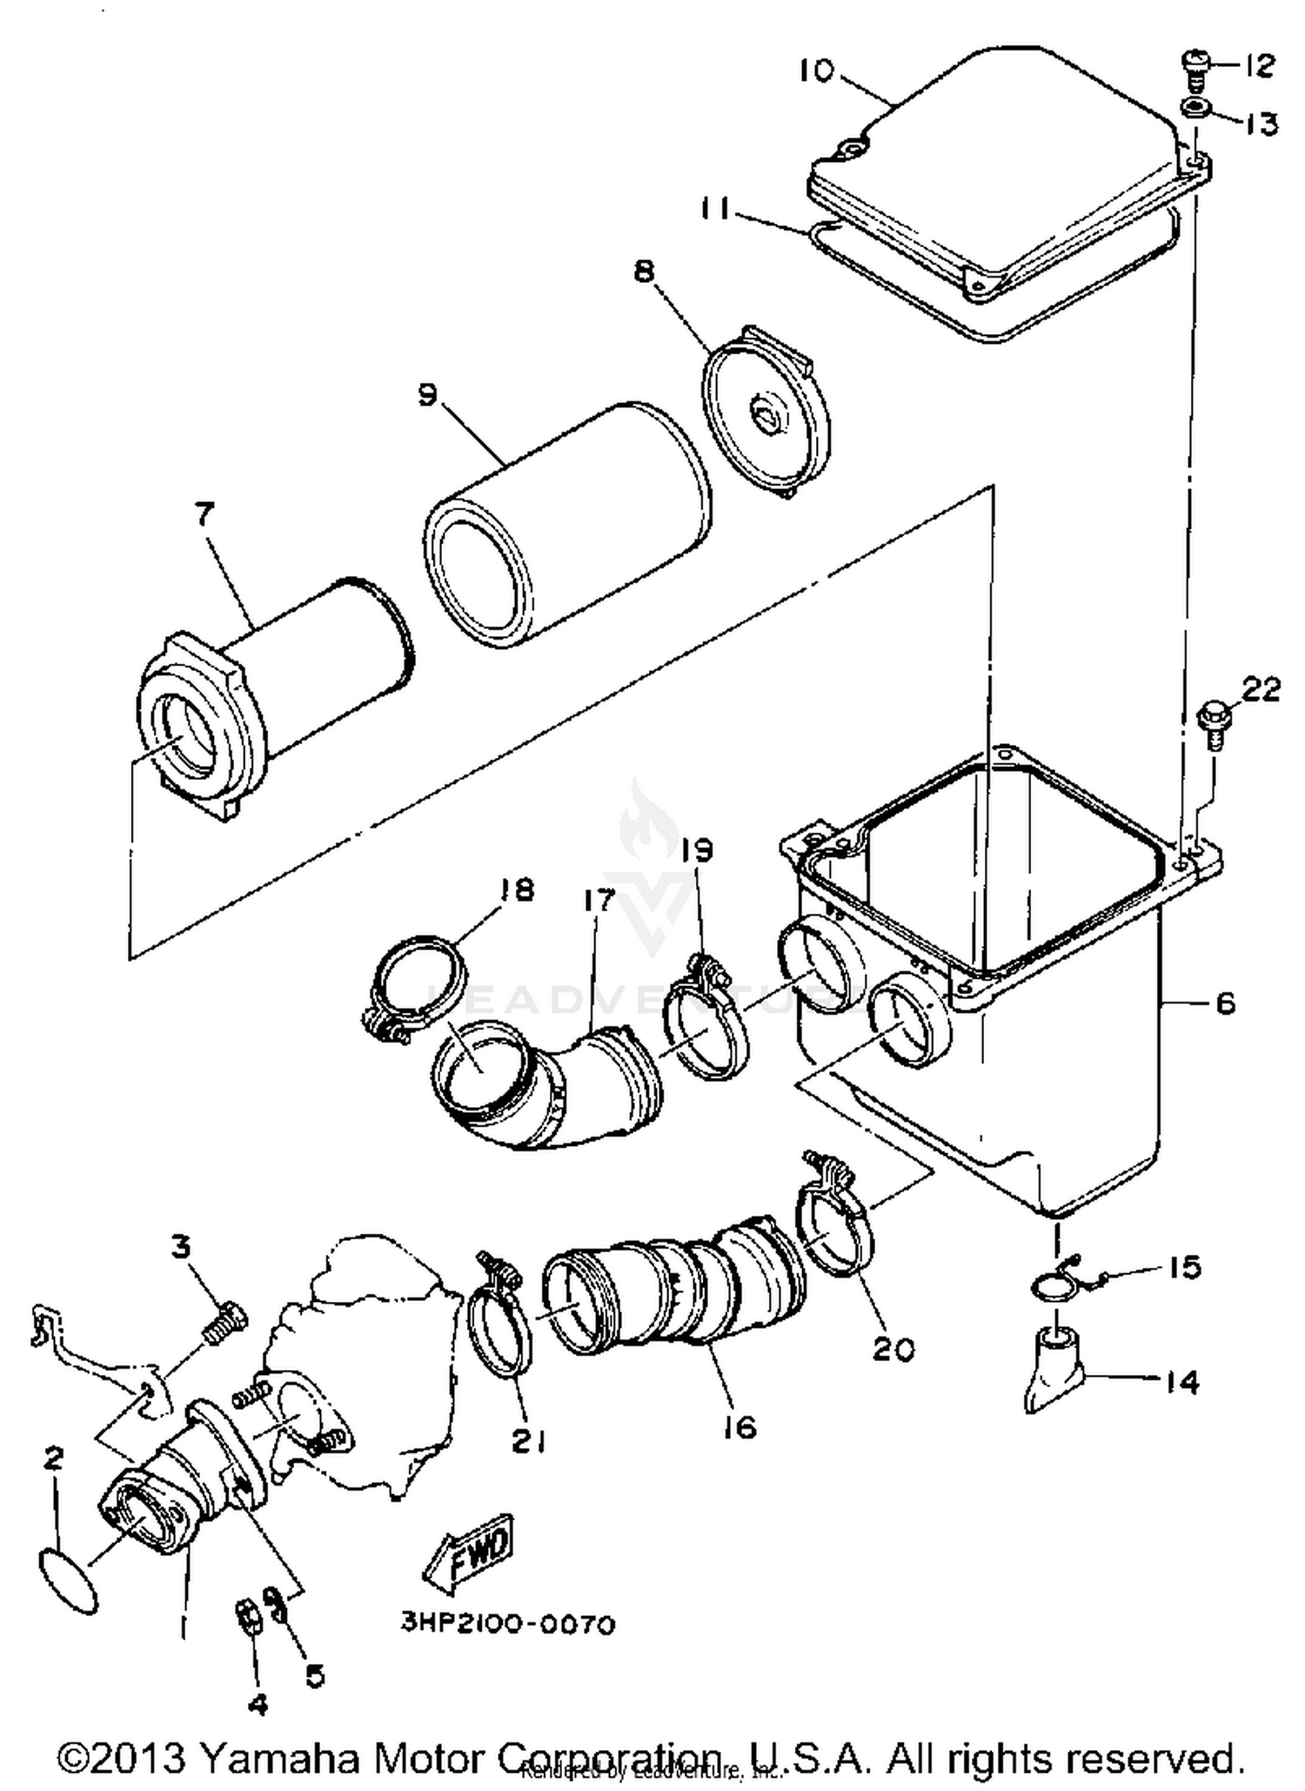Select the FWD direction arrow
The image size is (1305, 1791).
(469, 1555)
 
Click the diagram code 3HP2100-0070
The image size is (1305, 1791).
(508, 1625)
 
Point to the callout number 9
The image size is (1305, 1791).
(428, 394)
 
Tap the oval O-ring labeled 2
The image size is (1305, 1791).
(70, 1580)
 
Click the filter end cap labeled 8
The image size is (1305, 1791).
(766, 413)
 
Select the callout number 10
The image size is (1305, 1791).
(817, 71)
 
